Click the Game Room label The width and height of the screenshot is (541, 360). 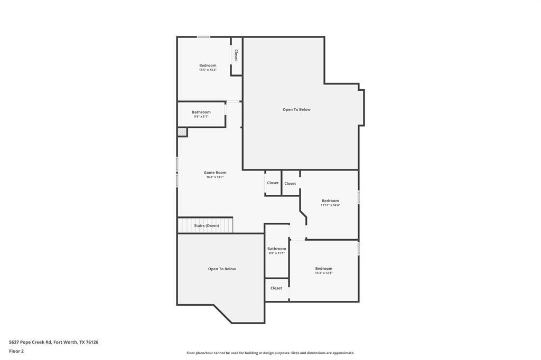(x=215, y=173)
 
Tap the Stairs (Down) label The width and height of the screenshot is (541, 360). (x=206, y=225)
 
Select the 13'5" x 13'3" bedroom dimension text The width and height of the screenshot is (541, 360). (x=208, y=70)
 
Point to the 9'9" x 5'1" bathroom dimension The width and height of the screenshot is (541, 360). (x=201, y=116)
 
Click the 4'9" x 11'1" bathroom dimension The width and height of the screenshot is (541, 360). (x=276, y=253)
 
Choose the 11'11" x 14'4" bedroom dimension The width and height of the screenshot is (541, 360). (x=330, y=205)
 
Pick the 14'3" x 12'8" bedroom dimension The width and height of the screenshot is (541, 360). (x=324, y=273)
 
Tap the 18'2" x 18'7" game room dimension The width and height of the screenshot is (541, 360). (x=215, y=177)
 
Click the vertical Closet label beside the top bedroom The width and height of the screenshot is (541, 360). (x=236, y=55)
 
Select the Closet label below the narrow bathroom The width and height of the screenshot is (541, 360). (x=276, y=288)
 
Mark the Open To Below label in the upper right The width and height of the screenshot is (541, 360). (x=296, y=109)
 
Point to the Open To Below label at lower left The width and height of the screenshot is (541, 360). (x=222, y=269)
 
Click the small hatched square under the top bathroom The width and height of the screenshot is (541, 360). (x=182, y=132)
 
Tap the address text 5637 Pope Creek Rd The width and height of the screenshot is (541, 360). (x=53, y=342)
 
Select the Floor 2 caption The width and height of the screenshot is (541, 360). (x=16, y=351)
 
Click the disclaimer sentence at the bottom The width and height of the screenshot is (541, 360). (x=270, y=353)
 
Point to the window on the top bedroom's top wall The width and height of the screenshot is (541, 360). (x=203, y=37)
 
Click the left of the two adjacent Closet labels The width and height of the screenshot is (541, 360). (x=273, y=183)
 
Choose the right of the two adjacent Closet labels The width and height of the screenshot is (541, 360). (x=290, y=184)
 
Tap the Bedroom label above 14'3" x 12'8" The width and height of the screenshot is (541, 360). (x=324, y=268)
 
